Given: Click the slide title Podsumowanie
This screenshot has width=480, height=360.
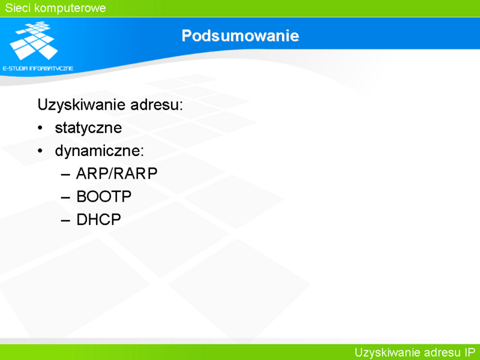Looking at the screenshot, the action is (241, 35).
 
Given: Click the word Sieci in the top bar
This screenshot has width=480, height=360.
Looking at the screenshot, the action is (18, 8).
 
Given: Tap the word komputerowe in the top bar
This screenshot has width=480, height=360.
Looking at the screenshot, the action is (70, 8).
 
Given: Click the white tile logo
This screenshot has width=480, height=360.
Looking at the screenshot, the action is (34, 40).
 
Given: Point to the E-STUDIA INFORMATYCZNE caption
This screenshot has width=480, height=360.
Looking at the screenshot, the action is (38, 68).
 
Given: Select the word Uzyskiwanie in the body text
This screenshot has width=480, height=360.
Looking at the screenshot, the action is (82, 105).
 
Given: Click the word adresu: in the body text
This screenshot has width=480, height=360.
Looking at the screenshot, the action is (157, 104).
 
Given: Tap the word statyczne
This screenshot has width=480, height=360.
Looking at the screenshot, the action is (88, 128).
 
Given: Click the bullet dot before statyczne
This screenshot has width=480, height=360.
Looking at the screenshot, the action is (40, 128).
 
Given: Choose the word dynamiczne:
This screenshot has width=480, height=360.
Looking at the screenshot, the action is (100, 151).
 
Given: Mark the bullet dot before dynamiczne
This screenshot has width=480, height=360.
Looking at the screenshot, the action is (40, 151).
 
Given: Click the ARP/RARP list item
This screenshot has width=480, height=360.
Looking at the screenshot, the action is (116, 173).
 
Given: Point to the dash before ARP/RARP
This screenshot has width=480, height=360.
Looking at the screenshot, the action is (65, 175).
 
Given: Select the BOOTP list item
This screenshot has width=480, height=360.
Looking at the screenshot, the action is (104, 197).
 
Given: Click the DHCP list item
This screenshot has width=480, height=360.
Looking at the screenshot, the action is (98, 220).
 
